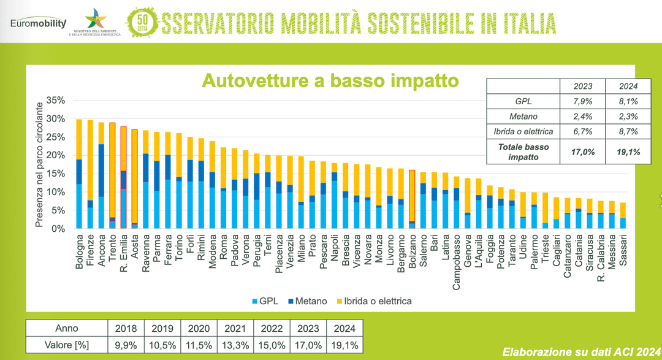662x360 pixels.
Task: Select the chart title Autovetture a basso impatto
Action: [330, 80]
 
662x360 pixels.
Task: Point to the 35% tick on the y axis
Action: [55, 100]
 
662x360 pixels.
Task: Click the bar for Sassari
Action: [623, 215]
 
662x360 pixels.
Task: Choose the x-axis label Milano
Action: [301, 251]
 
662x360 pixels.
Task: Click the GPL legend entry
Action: [265, 301]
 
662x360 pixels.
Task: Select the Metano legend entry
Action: [310, 301]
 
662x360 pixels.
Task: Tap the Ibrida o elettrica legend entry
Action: [373, 301]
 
